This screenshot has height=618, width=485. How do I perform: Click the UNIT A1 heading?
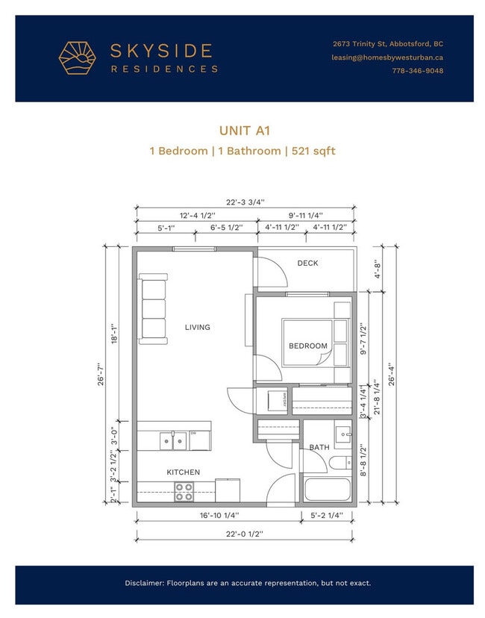coord(242,131)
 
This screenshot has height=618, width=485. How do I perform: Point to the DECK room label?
coord(307,263)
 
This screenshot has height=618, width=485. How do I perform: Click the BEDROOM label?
coord(308,346)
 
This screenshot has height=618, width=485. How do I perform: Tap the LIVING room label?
coord(198,327)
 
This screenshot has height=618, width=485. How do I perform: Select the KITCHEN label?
coord(182,472)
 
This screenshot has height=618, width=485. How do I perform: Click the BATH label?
coord(319,447)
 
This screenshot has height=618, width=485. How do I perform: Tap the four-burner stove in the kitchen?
coord(184,492)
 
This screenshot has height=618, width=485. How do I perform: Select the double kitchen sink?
coord(172,441)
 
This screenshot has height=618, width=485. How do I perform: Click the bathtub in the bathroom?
coord(327,490)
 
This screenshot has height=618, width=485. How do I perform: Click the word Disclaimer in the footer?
coord(146,583)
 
